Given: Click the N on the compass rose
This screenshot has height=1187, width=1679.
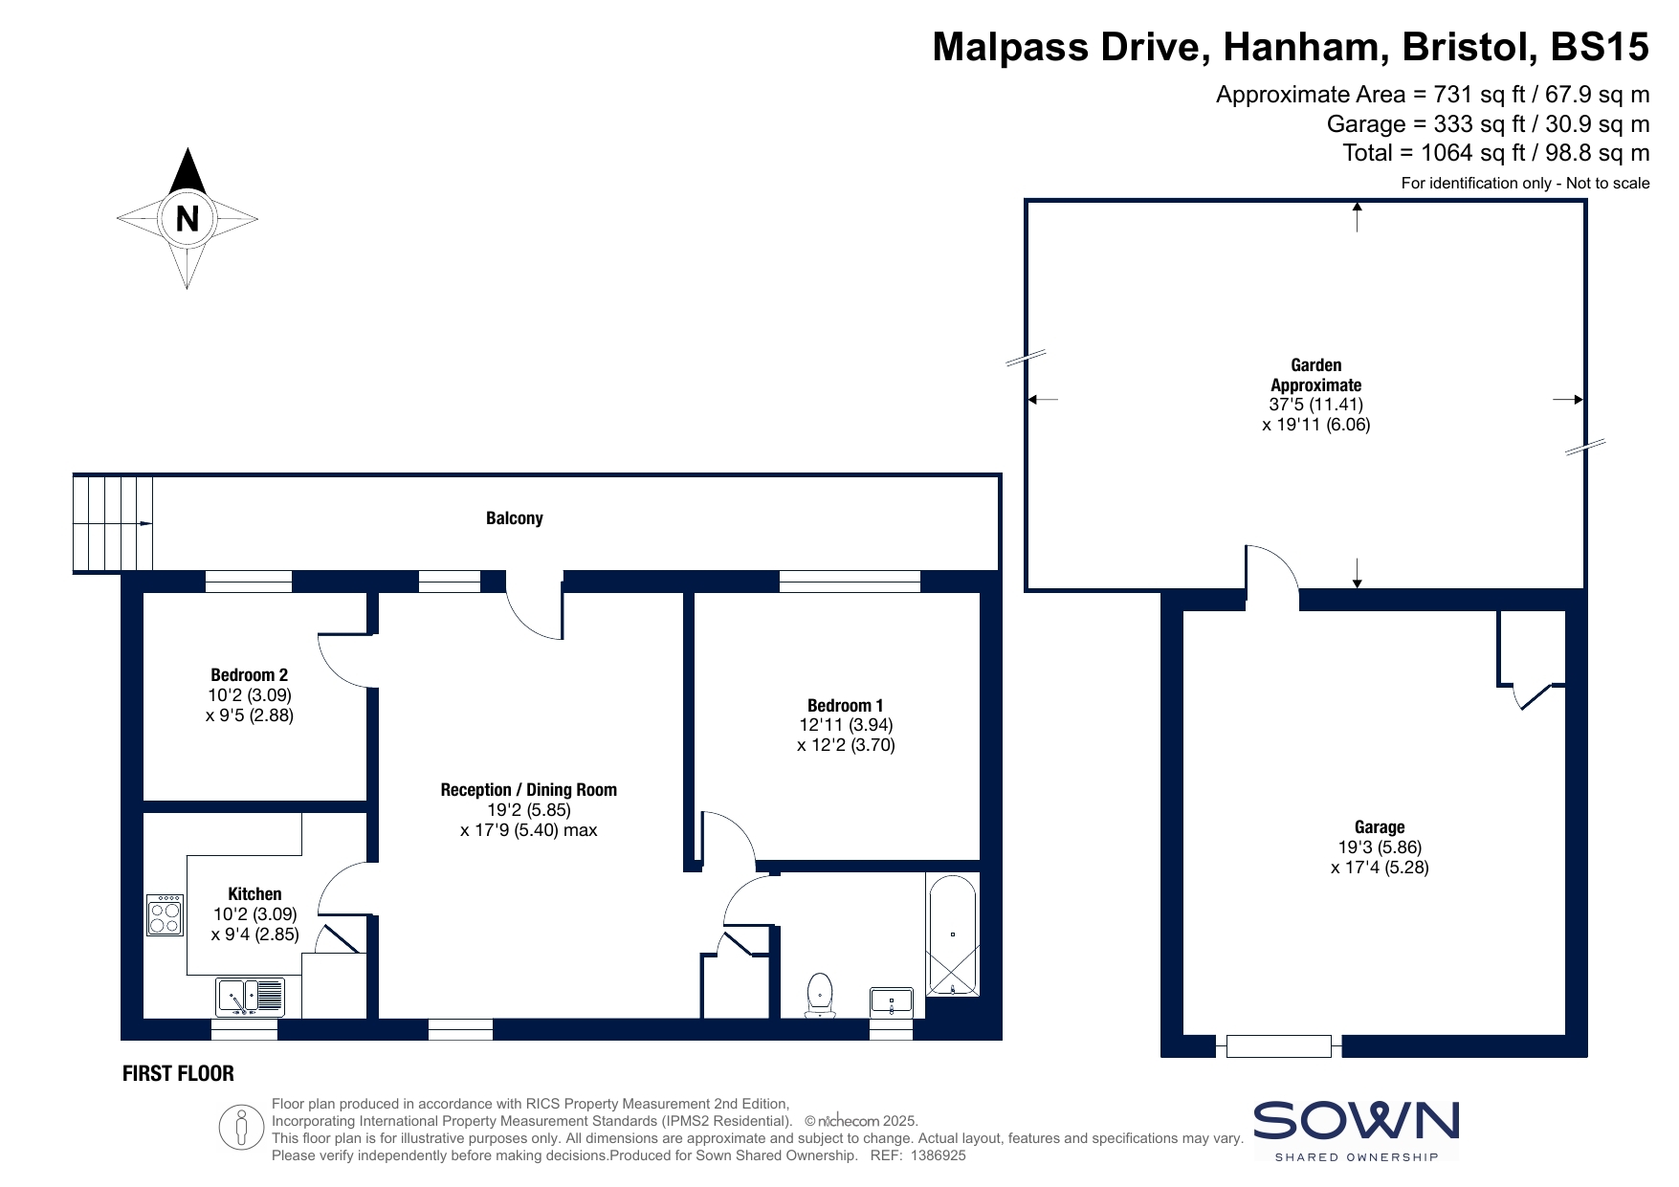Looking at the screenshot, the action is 188,219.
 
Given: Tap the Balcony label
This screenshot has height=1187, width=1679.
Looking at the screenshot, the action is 515,518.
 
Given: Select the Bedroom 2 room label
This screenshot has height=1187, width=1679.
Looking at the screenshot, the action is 250,675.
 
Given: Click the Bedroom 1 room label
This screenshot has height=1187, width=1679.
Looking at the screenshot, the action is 846,706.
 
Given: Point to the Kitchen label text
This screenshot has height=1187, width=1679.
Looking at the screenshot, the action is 254,894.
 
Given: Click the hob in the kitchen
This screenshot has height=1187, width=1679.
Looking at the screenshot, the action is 166,914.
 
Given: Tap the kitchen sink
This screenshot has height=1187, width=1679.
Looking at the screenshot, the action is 251,997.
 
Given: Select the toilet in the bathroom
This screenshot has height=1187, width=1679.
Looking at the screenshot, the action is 820,996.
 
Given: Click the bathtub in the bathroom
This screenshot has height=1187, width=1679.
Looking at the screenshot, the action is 952,934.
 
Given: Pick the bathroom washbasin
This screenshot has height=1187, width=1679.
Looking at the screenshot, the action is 892,1002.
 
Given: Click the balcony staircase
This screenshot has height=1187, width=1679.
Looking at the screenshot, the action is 113,523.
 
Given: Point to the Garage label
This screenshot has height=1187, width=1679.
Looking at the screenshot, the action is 1380,827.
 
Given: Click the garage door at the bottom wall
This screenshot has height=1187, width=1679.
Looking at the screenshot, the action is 1278,1046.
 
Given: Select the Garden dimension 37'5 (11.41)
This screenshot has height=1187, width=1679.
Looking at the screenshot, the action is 1316,405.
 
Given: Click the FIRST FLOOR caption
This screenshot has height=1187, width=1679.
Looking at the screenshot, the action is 178,1073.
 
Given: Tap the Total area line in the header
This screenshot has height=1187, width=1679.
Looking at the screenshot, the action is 1496,153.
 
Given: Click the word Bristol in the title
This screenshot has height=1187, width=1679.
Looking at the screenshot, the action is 1465,46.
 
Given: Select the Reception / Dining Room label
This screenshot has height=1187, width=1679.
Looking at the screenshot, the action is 529,790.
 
